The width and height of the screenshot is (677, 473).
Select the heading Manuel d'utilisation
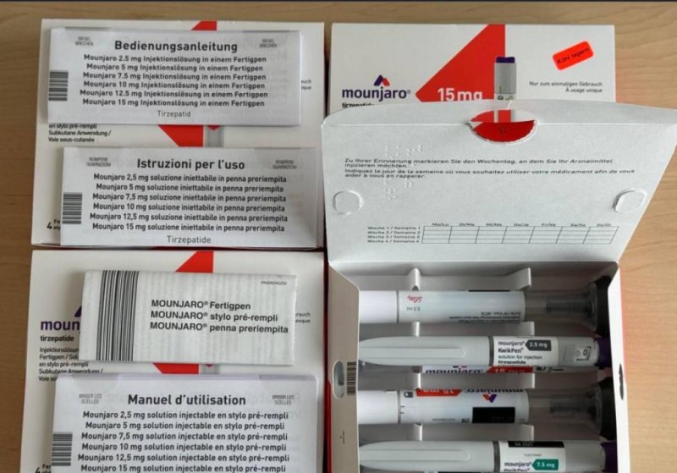click(x=186, y=399)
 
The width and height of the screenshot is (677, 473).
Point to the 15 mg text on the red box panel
click(x=460, y=94)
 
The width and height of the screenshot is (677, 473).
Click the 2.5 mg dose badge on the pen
click(x=537, y=346)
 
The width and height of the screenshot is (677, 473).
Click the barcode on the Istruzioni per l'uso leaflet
click(x=73, y=208)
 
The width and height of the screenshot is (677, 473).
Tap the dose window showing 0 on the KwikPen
click(x=586, y=351)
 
